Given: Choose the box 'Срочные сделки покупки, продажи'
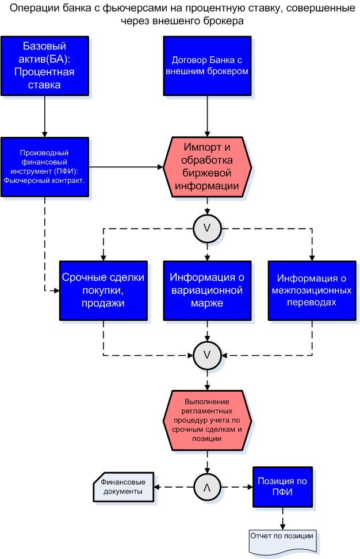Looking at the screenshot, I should coord(104,290).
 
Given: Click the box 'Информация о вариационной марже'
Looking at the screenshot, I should coord(207,290).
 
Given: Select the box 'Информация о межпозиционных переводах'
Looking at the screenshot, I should coord(312,290).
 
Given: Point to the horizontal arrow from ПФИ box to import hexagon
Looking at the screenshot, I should coord(126,167).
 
